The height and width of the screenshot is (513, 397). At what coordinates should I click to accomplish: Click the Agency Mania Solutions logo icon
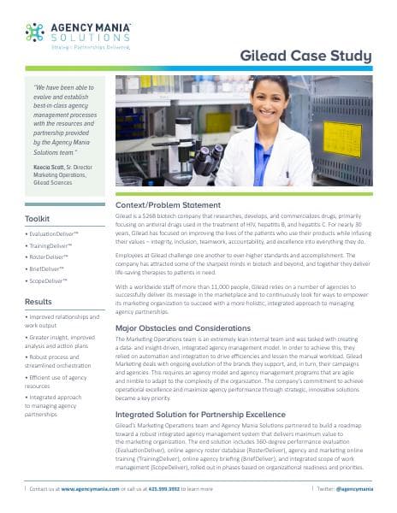[35, 32]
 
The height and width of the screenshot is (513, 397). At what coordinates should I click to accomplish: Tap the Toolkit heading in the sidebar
[38, 219]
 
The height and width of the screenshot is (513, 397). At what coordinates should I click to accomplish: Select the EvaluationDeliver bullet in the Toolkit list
[55, 233]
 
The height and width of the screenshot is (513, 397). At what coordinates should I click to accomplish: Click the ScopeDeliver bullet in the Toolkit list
[51, 280]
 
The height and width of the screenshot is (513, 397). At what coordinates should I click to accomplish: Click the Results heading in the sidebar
[38, 302]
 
